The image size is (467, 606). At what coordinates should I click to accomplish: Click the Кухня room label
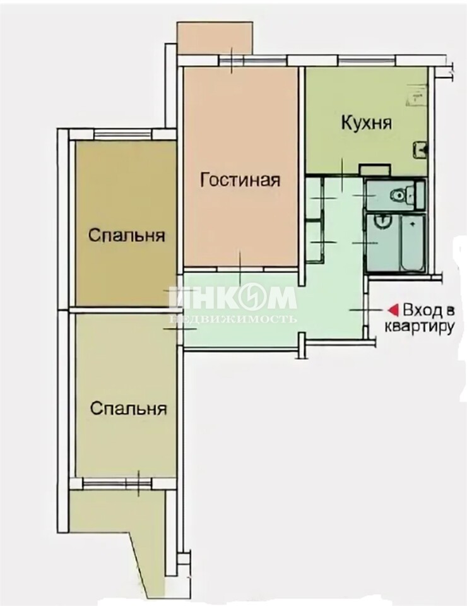(367, 123)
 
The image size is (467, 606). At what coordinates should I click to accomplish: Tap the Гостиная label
(240, 180)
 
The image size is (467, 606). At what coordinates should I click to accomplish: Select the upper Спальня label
(127, 235)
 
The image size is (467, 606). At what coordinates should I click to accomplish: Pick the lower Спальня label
(128, 408)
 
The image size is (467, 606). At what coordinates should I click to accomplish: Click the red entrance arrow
(393, 310)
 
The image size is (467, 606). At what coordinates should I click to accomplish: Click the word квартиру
(418, 327)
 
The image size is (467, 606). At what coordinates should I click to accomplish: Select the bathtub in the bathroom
(413, 242)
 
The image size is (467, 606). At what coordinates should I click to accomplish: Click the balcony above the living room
(215, 39)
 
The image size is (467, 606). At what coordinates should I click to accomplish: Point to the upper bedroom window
(123, 134)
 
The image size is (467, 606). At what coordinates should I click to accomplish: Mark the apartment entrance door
(365, 310)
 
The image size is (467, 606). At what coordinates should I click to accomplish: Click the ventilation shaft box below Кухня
(375, 170)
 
